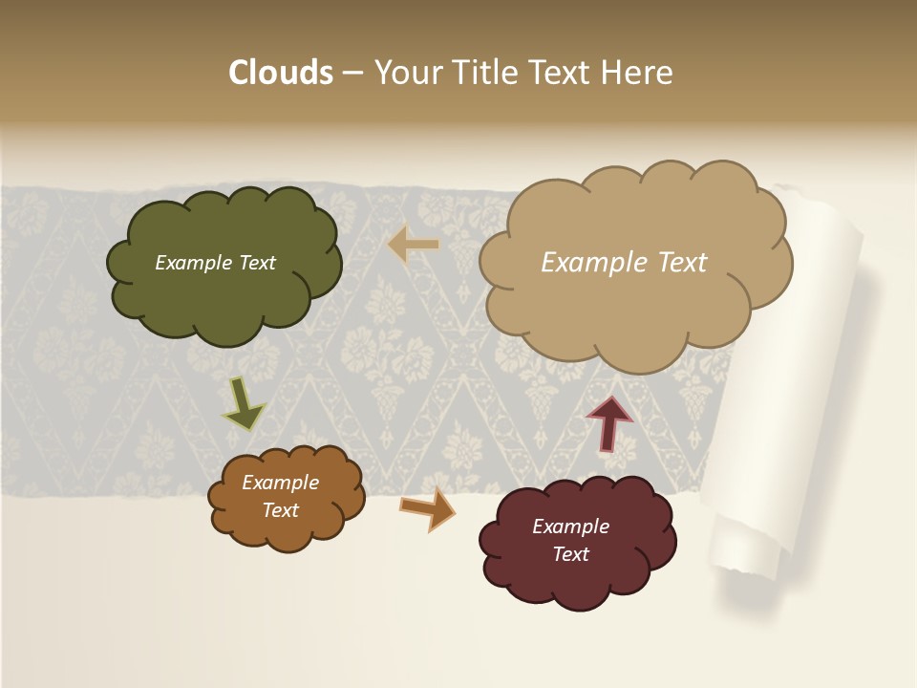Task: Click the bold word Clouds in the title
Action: point(280,73)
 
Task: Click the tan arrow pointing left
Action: point(413,245)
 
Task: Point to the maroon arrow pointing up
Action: point(608,423)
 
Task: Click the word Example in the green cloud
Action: point(191,263)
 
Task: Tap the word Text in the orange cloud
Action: point(281,510)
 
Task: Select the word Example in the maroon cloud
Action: point(570,527)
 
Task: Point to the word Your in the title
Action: point(406,73)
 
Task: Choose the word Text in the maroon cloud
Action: point(570,554)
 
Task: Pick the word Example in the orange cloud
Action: point(281,483)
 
